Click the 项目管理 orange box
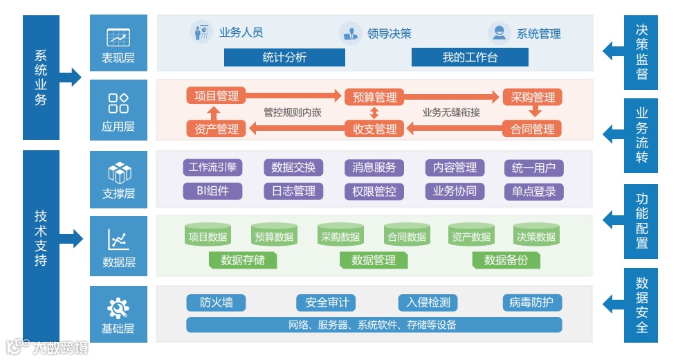coord(217,96)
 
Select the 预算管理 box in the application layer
coord(374,97)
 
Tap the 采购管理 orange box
coord(533,97)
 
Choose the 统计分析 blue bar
coord(284,57)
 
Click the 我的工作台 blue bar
coord(470,57)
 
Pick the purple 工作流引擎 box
coord(212,168)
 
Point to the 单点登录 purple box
coord(533,191)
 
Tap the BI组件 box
coord(212,191)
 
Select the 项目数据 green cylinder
coord(208,235)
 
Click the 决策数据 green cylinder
coord(536,235)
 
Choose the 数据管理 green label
coord(374,260)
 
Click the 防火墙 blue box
coord(216,303)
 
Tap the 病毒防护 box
coord(532,303)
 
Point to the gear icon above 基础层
coord(118,307)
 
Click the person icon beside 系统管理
coord(498,33)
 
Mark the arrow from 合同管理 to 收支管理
coord(453,128)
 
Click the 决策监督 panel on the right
coord(641,53)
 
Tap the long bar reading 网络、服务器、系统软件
coord(374,325)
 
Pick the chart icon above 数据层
coord(118,240)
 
